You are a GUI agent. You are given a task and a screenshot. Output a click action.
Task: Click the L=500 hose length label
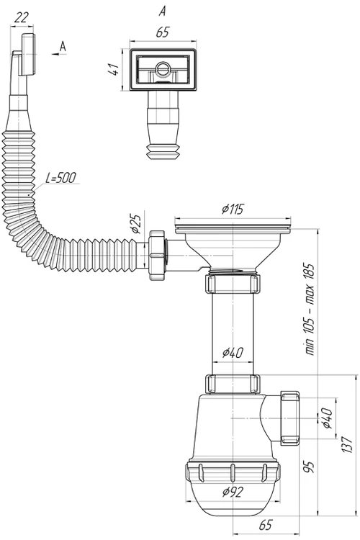click(x=60, y=178)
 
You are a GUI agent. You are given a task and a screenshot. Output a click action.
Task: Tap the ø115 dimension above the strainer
click(x=233, y=209)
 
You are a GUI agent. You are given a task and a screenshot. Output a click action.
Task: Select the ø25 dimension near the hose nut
click(x=136, y=224)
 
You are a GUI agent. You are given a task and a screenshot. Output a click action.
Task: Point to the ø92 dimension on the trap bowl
click(x=233, y=492)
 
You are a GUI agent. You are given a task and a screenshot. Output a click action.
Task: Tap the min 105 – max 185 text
click(x=310, y=309)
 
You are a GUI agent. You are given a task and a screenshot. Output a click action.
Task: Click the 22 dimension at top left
click(x=22, y=17)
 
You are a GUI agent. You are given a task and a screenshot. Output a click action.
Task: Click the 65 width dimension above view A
click(x=163, y=32)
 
